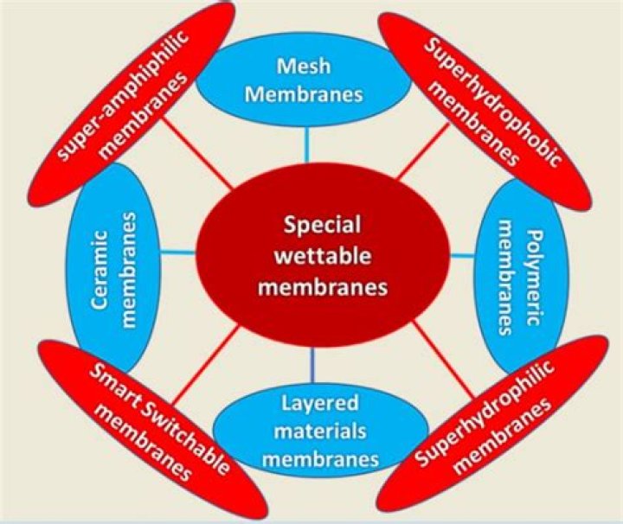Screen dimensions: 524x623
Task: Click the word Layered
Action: pyautogui.click(x=316, y=401)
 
